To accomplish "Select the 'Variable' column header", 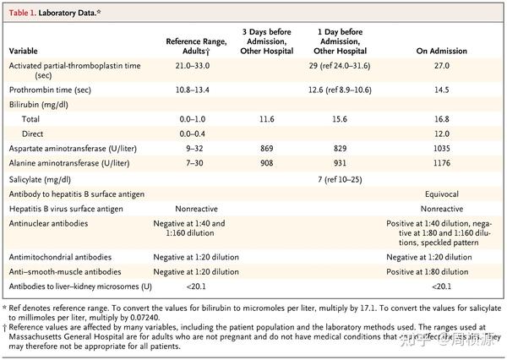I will tap(26, 51).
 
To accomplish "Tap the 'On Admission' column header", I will tap(442, 51).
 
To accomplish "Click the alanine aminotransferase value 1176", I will tap(442, 161).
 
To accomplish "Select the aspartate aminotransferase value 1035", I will tap(442, 148).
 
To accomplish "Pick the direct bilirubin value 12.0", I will tap(442, 134).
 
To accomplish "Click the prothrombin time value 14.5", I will tap(442, 89).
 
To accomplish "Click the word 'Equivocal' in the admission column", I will tap(442, 194).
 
